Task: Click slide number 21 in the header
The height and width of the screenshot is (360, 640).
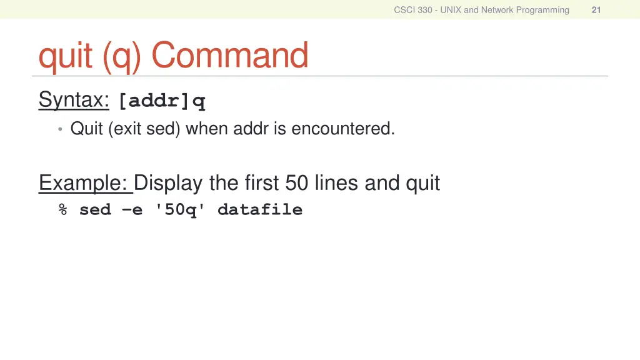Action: pos(596,10)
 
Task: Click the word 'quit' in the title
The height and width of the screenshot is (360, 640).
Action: pos(66,56)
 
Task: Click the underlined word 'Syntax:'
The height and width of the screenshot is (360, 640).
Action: pos(74,100)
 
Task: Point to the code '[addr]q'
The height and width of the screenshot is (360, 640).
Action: pos(162,101)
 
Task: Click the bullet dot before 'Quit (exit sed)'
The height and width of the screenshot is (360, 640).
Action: pos(60,129)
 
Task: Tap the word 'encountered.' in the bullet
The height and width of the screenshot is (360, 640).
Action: pos(343,129)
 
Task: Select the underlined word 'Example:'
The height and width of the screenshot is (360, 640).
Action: pos(85,183)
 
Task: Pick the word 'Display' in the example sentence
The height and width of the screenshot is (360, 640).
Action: pos(168,183)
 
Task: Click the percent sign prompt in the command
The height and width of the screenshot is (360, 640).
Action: pos(63,210)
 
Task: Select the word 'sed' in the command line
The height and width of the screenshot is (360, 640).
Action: pos(95,210)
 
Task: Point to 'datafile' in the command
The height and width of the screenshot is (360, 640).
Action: pos(259,210)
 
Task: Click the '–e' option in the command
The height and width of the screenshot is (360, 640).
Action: pos(132,210)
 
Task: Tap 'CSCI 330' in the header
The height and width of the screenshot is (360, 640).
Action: pos(412,10)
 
